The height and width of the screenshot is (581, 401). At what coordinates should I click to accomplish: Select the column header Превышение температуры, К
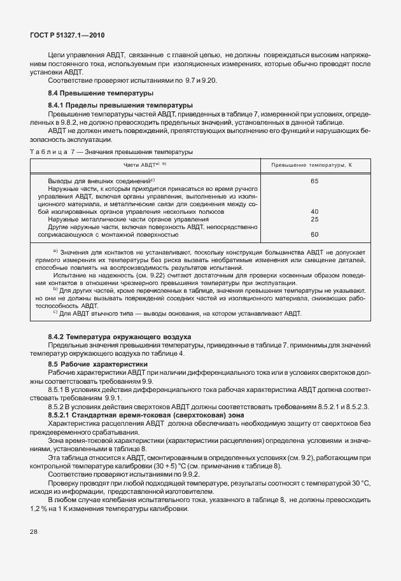tap(312, 164)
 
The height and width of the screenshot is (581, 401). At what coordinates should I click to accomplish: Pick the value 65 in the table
tap(314, 181)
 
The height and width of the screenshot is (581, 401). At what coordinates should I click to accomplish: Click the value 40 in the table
tap(314, 212)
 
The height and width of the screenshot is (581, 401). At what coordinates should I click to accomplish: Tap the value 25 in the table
tap(314, 219)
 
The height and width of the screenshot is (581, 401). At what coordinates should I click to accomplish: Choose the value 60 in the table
tap(314, 234)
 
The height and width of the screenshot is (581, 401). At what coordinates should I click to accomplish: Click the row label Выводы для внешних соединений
tap(102, 181)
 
